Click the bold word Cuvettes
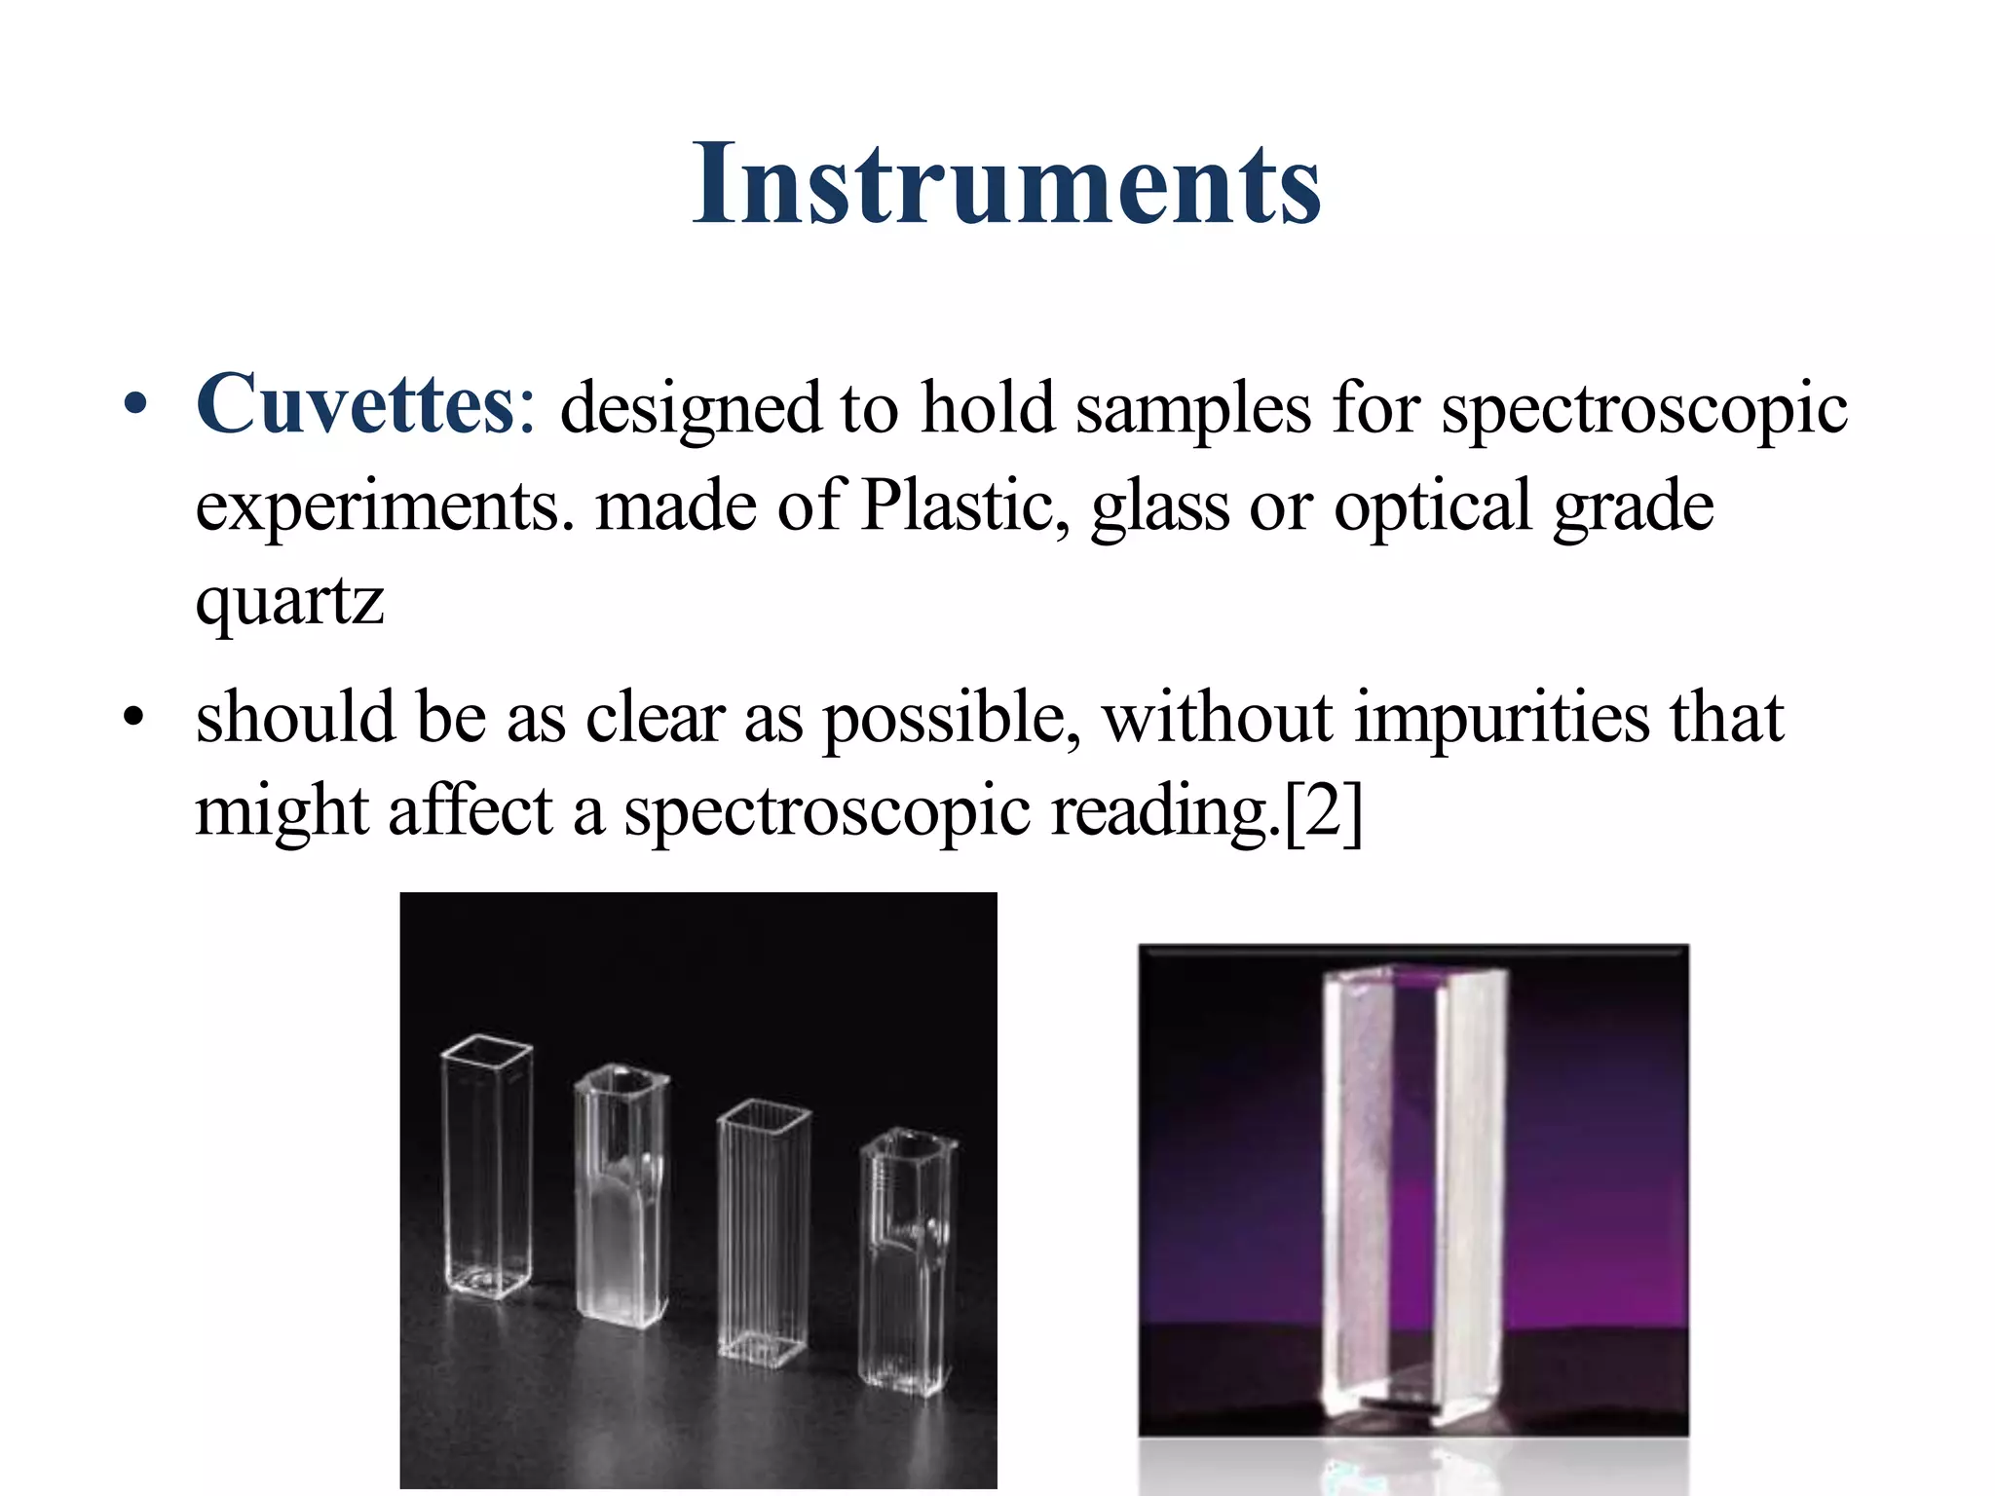[x=355, y=404]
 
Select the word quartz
[x=289, y=603]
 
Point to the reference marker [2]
[x=1323, y=812]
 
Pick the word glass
[x=1159, y=507]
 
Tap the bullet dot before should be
[x=135, y=719]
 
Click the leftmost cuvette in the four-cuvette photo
[x=486, y=1169]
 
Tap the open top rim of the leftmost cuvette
[x=486, y=1050]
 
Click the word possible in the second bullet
[x=951, y=718]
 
